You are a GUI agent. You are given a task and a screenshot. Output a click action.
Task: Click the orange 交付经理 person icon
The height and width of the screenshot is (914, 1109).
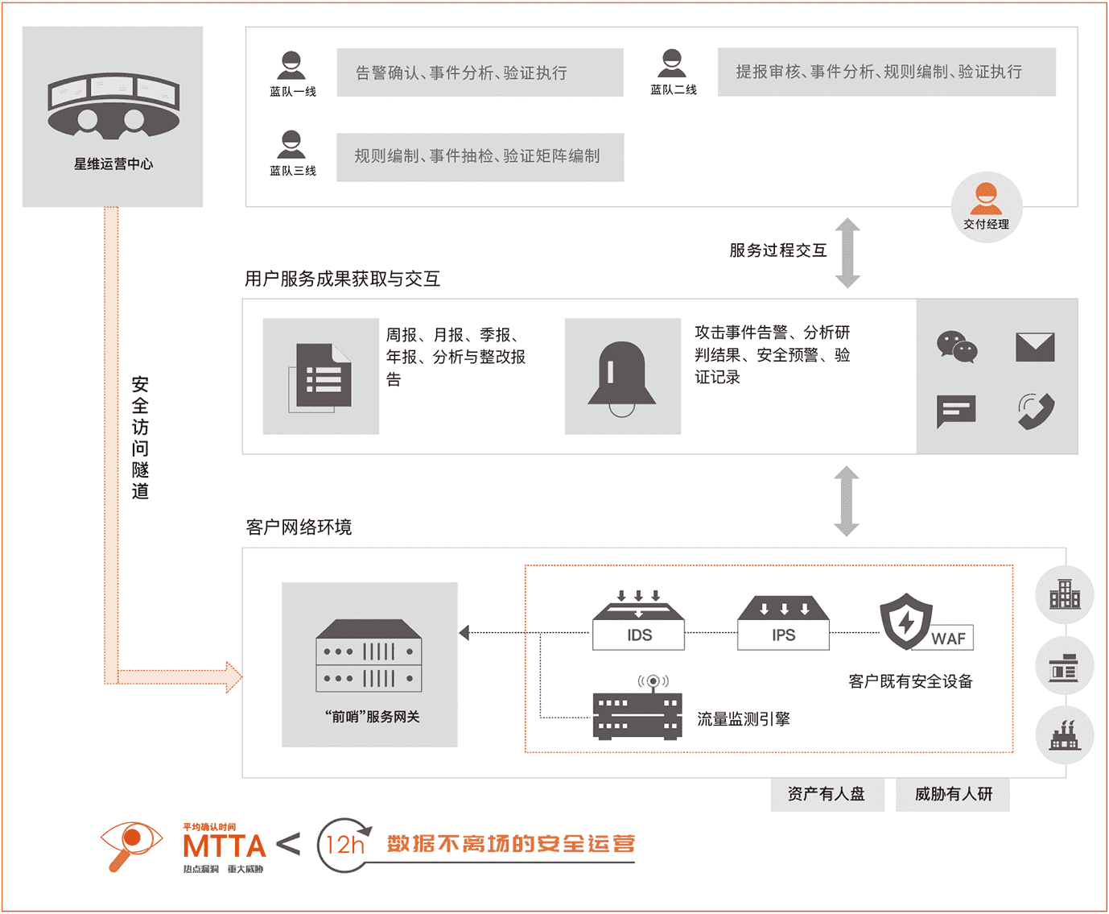986,199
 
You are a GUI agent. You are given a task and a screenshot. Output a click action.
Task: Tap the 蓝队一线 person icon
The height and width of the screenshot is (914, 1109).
291,65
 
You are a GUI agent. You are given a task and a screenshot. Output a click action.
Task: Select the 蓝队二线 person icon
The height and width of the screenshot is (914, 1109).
672,64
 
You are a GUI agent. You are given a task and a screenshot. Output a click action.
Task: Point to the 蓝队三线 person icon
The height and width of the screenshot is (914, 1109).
291,144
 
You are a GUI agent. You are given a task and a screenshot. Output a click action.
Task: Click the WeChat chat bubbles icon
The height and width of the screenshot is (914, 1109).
957,347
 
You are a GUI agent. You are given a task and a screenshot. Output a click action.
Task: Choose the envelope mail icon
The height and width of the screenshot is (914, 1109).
1035,348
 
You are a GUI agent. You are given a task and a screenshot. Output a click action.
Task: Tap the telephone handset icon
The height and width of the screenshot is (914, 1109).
1037,411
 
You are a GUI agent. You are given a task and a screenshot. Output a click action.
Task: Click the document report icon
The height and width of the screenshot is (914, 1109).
320,378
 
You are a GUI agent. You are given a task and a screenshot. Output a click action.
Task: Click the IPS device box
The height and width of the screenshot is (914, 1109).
783,622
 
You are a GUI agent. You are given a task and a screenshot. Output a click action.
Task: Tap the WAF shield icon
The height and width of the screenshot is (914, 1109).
906,621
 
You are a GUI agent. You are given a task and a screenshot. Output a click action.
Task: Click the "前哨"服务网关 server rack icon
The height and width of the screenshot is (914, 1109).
369,656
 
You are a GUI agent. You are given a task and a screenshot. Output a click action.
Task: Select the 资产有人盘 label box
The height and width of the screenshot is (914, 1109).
827,795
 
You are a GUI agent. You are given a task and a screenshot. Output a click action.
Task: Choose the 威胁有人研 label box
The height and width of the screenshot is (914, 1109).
953,795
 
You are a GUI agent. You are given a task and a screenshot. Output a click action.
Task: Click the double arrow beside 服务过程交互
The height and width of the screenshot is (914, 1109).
847,253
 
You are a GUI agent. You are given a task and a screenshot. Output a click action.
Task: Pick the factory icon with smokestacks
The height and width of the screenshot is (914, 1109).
1065,735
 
